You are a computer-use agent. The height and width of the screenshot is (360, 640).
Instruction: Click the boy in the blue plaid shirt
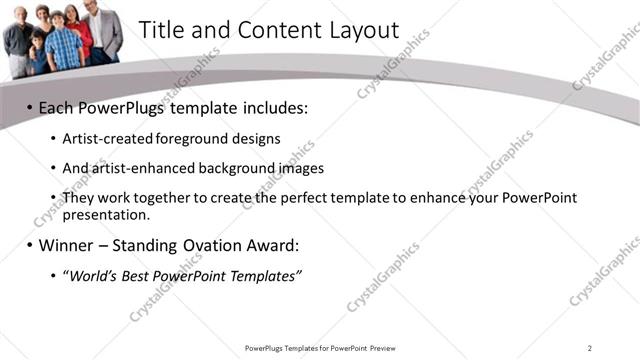(x=63, y=45)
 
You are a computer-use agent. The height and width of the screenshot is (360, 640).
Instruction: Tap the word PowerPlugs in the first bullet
(x=116, y=107)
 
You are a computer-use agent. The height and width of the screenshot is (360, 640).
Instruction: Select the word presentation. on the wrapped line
(x=105, y=214)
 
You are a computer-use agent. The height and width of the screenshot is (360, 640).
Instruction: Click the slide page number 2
(x=590, y=347)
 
